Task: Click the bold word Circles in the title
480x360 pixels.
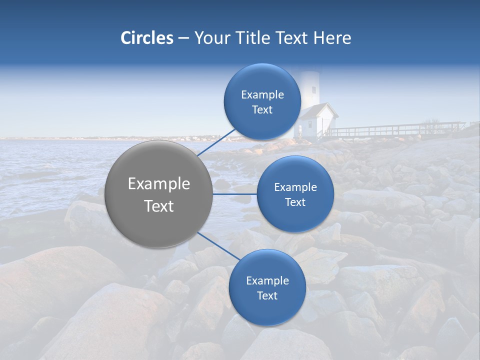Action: pyautogui.click(x=146, y=38)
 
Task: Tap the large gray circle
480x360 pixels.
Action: pyautogui.click(x=159, y=194)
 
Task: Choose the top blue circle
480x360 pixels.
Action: pyautogui.click(x=262, y=102)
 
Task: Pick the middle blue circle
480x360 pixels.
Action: pyautogui.click(x=295, y=194)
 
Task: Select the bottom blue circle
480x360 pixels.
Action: pyautogui.click(x=267, y=288)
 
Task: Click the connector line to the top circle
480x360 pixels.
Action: pyautogui.click(x=216, y=142)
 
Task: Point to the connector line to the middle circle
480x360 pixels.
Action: pyautogui.click(x=234, y=194)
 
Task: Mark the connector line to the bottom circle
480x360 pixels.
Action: pyautogui.click(x=218, y=246)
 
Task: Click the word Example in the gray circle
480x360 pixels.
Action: pyautogui.click(x=159, y=184)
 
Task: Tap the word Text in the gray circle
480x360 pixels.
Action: pyautogui.click(x=159, y=206)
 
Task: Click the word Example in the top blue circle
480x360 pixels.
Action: pyautogui.click(x=262, y=94)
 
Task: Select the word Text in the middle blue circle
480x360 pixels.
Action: pyautogui.click(x=295, y=202)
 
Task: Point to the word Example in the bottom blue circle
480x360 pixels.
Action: pyautogui.click(x=267, y=280)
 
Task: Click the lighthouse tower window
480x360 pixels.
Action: pyautogui.click(x=313, y=90)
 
